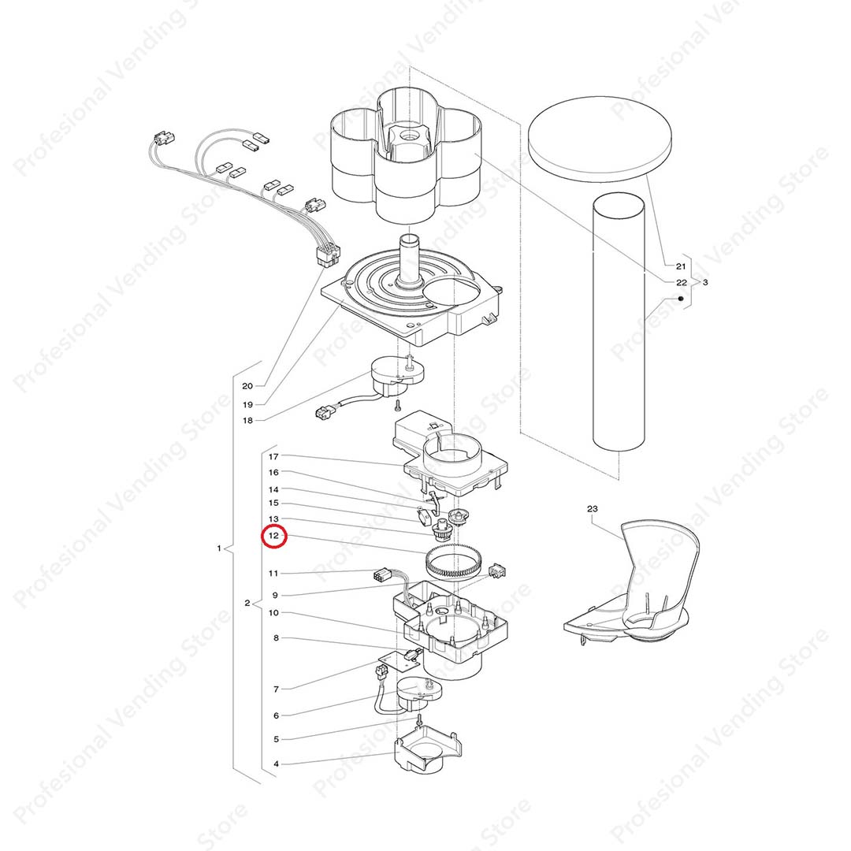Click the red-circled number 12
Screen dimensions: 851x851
[273, 536]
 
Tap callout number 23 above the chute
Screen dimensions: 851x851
[592, 508]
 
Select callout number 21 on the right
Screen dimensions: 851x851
[681, 266]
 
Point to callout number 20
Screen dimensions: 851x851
[247, 386]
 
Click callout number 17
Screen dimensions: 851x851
[273, 456]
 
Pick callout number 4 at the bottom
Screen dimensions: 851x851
[277, 764]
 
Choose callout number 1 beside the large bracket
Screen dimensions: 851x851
[219, 548]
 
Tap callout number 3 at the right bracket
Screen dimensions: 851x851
[705, 282]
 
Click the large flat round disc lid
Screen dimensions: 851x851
[600, 139]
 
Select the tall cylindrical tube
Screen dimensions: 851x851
[619, 321]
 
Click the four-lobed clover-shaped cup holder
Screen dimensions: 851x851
[406, 156]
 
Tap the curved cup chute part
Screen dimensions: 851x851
[635, 583]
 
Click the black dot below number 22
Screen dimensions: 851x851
[681, 299]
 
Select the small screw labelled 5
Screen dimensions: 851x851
[419, 721]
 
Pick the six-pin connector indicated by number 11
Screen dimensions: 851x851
[383, 575]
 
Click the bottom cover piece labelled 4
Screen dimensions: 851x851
[429, 750]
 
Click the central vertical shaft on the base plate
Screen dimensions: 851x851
[411, 259]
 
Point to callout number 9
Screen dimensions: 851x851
[275, 596]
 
